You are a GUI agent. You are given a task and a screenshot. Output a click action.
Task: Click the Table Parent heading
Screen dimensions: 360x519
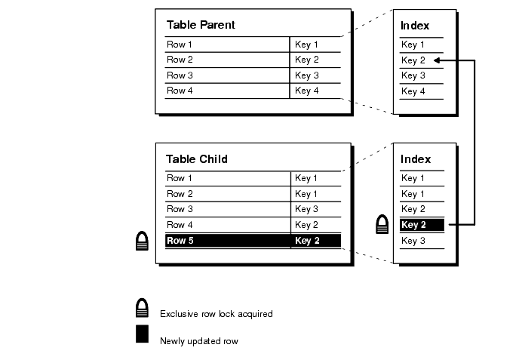[201, 25]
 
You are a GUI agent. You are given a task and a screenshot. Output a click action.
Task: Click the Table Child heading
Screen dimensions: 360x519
[196, 159]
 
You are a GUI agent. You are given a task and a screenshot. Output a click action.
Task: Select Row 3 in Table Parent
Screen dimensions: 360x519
[180, 75]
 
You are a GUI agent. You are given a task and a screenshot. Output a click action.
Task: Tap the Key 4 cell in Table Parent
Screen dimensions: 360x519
[307, 91]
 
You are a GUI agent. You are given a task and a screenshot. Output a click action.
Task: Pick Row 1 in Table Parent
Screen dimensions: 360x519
[180, 45]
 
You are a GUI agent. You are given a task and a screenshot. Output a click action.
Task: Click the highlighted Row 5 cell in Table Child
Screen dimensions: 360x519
[180, 241]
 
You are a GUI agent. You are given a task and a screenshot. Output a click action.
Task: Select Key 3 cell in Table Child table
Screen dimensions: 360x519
[307, 209]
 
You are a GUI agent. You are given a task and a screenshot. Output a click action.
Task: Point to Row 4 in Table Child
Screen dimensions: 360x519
[180, 225]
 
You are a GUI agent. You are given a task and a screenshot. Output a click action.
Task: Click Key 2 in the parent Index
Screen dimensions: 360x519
[413, 60]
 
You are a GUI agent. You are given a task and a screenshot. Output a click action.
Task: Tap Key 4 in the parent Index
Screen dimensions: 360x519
[413, 91]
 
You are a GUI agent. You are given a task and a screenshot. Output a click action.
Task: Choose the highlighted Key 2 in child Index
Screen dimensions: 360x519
[414, 225]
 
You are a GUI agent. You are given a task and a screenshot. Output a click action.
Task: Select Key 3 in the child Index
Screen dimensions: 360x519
[413, 241]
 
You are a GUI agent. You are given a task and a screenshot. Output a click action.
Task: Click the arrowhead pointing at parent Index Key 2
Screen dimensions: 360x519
[438, 60]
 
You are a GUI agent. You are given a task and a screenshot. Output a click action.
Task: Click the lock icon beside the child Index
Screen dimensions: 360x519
[383, 225]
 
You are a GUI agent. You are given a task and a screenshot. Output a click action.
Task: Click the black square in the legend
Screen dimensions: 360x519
[142, 334]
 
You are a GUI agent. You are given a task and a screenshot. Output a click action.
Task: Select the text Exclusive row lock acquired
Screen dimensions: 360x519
[216, 314]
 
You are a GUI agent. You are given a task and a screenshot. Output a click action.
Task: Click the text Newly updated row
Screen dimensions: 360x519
[198, 341]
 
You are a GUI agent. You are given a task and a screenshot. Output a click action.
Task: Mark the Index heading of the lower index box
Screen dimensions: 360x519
[416, 159]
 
